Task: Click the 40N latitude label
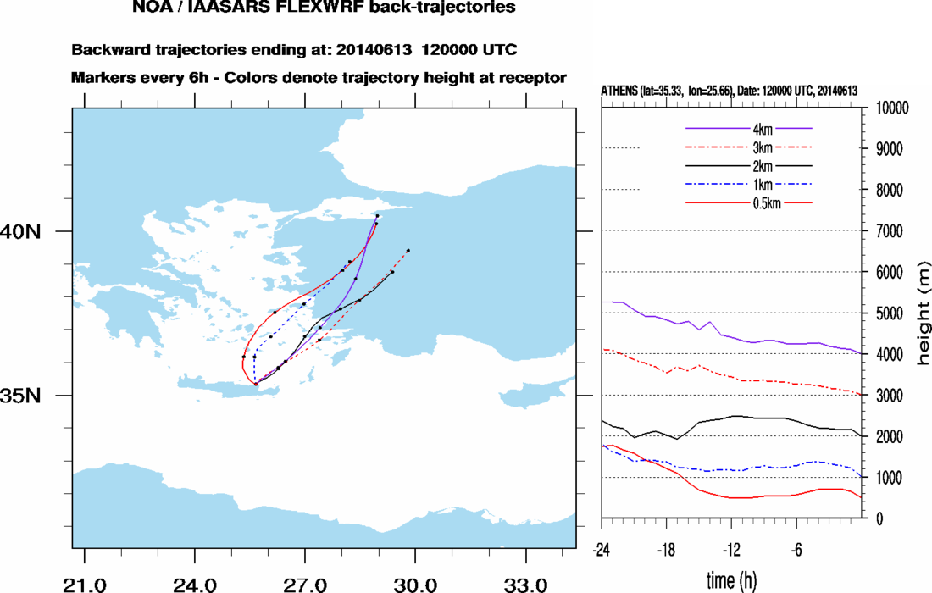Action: [25, 231]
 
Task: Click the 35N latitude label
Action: [25, 396]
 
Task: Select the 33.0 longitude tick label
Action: [525, 585]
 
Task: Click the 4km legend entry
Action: [749, 128]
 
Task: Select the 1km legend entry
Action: [749, 184]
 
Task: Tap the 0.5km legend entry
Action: [749, 202]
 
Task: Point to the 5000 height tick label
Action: [886, 313]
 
